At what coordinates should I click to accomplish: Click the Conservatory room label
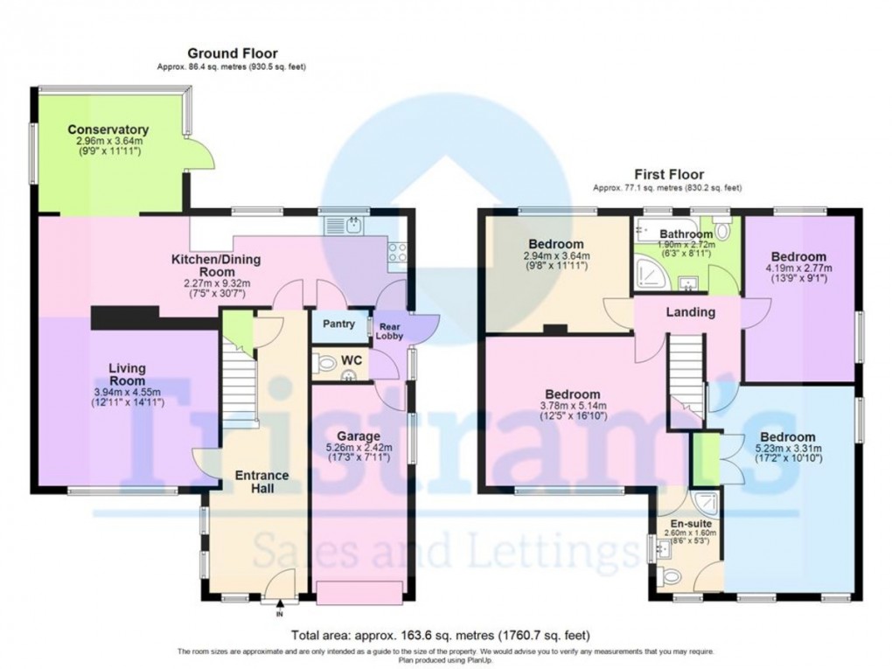pos(108,130)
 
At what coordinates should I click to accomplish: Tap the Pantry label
pos(338,324)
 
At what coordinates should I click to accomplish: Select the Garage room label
pos(359,436)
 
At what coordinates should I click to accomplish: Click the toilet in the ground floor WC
pos(326,362)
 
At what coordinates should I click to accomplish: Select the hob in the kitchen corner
pos(395,252)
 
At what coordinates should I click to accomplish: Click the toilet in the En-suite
pos(671,577)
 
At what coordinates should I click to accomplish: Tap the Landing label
pos(691,312)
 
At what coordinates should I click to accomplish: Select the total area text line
pos(445,637)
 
